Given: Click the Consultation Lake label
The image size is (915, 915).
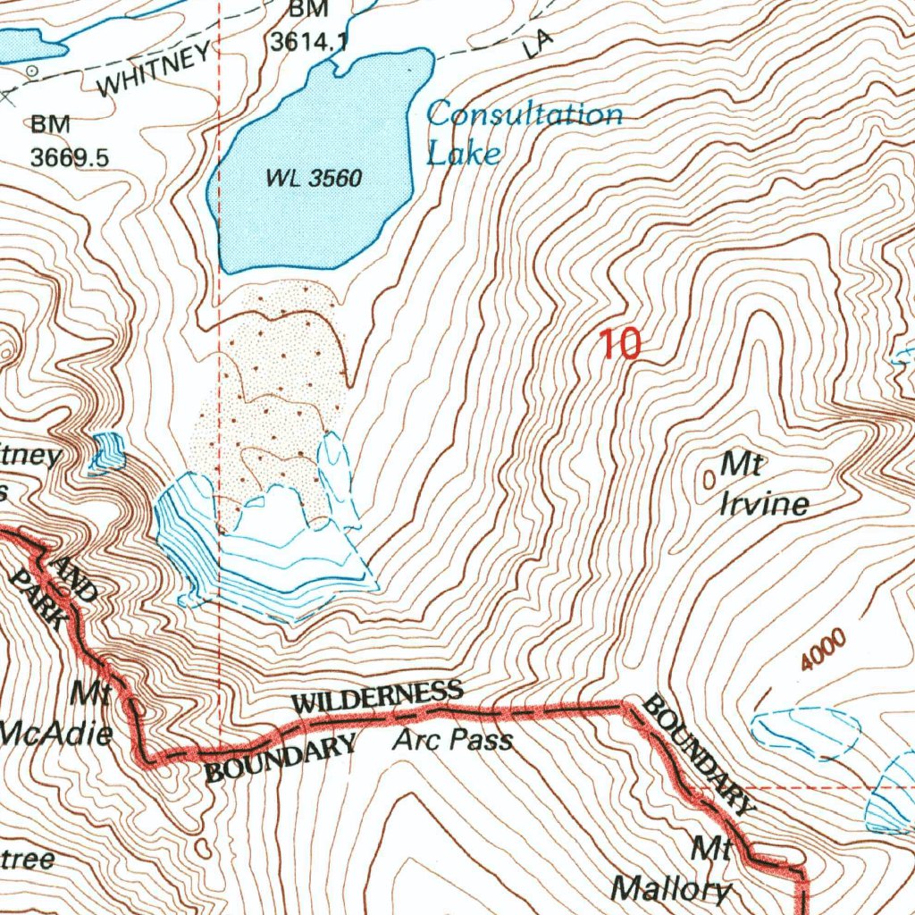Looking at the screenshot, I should tap(523, 132).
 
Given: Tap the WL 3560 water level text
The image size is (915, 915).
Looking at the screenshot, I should tap(314, 179).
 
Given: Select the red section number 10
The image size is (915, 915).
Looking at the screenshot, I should tap(620, 344).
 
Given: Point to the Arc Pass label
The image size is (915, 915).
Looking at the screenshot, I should tap(454, 740).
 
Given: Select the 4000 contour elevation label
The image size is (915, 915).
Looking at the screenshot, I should tap(823, 651).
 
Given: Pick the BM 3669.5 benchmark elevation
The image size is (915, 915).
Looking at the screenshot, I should tap(69, 142).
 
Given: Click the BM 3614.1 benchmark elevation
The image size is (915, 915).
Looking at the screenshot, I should tap(308, 27).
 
